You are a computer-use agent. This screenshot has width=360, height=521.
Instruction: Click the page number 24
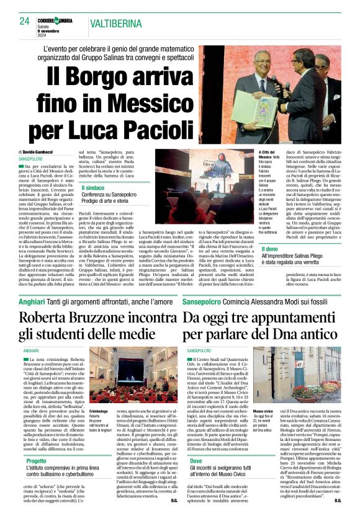25,20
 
